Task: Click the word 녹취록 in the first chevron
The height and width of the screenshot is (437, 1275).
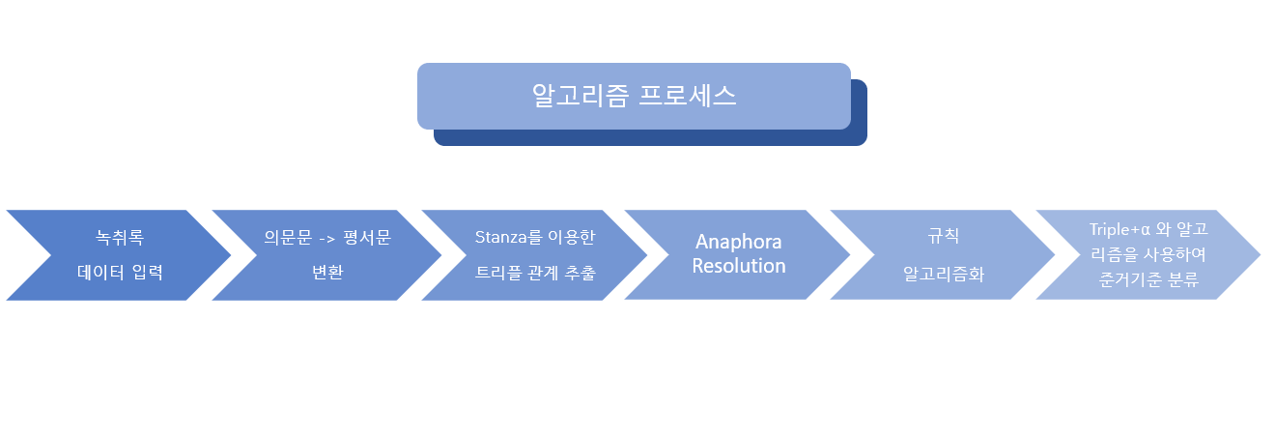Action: [x=120, y=236]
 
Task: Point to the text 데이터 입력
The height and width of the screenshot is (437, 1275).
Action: [x=120, y=272]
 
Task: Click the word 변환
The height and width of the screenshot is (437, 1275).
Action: [x=326, y=272]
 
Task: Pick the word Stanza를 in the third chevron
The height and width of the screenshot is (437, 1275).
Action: [x=507, y=236]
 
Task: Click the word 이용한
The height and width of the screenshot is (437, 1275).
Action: [x=571, y=236]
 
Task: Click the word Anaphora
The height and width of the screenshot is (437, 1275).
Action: [x=739, y=242]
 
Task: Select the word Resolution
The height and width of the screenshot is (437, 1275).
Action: [x=739, y=265]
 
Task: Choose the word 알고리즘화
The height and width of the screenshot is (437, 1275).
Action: [x=943, y=274]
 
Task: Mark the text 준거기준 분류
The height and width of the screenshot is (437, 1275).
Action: [x=1147, y=280]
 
